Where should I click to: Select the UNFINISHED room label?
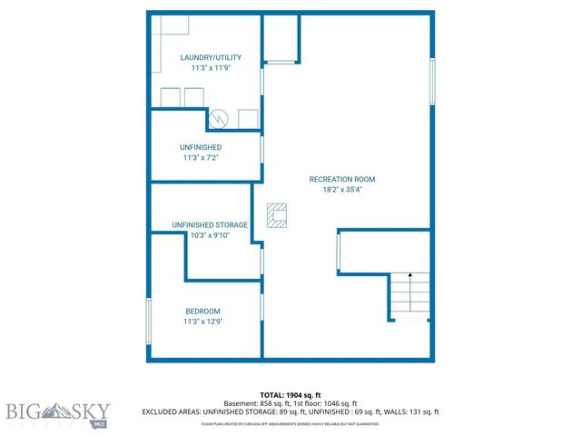click(x=201, y=147)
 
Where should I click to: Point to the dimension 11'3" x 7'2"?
click(x=201, y=158)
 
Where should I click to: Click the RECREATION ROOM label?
click(x=341, y=180)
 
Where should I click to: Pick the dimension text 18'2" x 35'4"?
click(x=341, y=191)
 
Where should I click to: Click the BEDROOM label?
click(x=202, y=312)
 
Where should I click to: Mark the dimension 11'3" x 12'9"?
click(x=202, y=322)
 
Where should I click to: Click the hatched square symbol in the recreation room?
click(x=276, y=215)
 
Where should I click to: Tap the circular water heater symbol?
click(x=219, y=118)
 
